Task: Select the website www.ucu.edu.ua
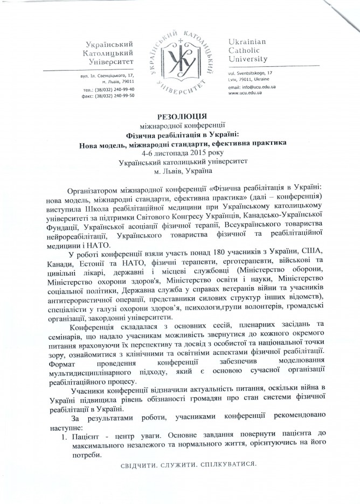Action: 245,93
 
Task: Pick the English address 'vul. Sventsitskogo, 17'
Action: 251,72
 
